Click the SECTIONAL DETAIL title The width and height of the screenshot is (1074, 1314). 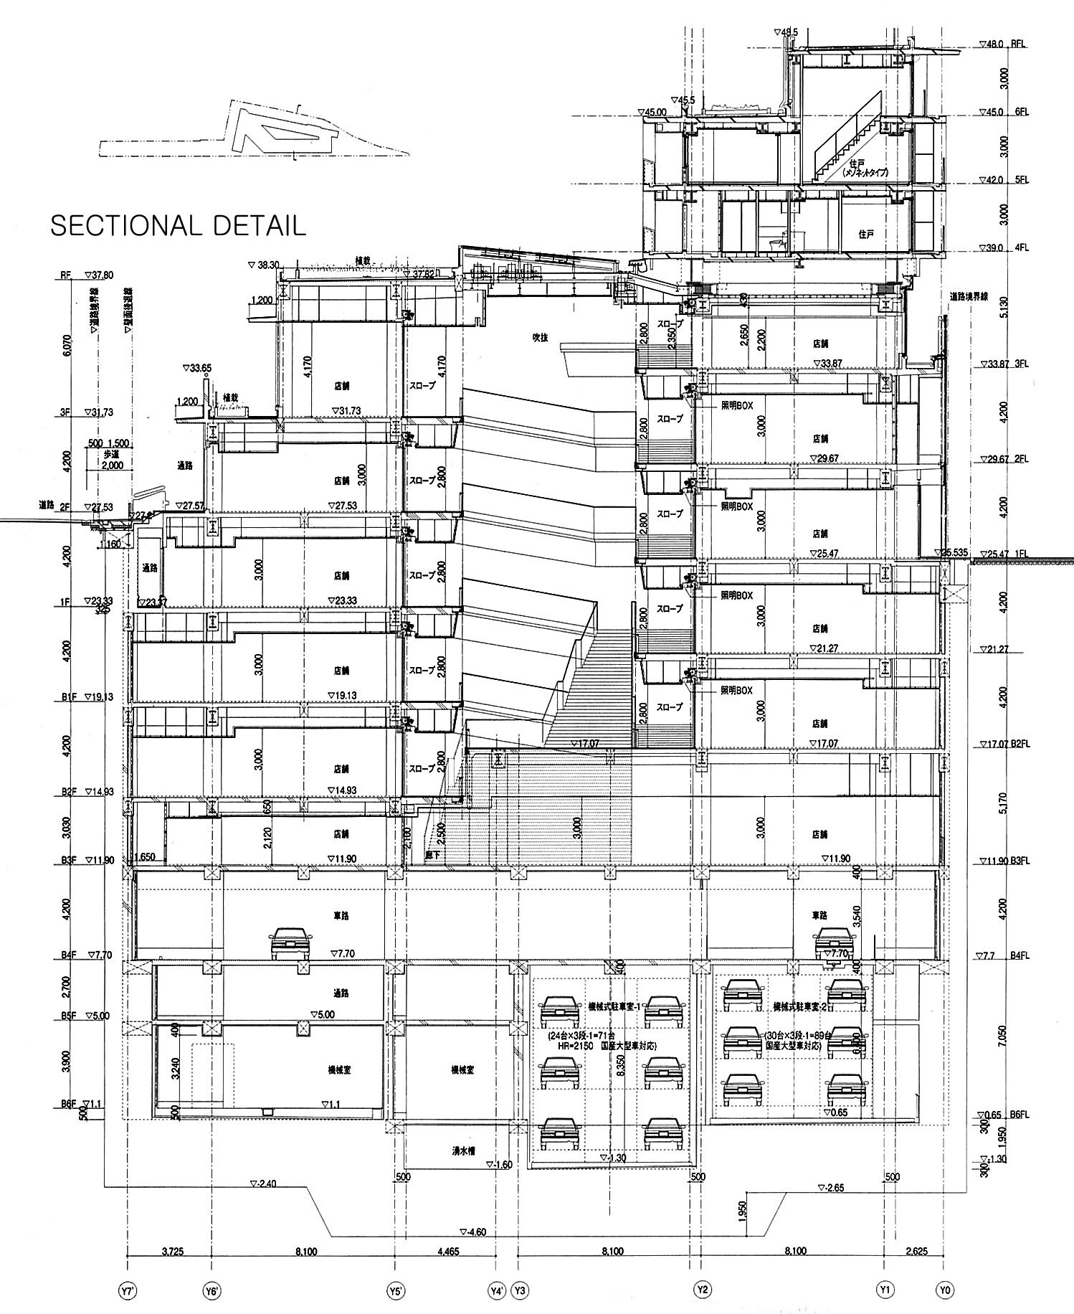pyautogui.click(x=178, y=224)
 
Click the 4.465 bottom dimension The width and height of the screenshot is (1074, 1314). pyautogui.click(x=446, y=1251)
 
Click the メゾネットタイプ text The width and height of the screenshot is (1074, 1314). pyautogui.click(x=861, y=173)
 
